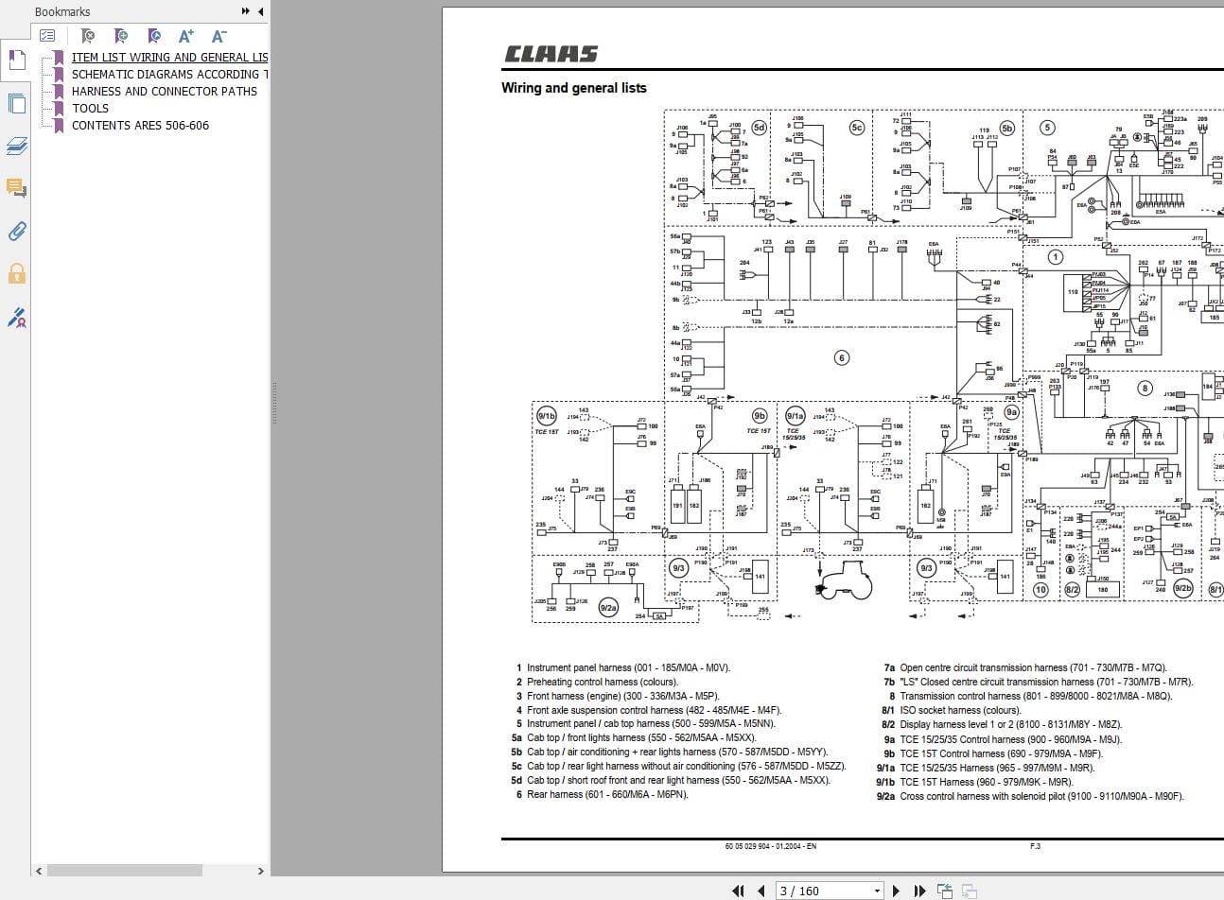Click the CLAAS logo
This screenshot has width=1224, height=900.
[x=551, y=54]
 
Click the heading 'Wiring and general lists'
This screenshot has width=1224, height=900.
[x=573, y=88]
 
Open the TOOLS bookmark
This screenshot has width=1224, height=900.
[x=90, y=108]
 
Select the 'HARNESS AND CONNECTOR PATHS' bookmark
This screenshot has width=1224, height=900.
[x=164, y=91]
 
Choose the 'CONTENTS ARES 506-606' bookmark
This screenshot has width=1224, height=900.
[x=140, y=125]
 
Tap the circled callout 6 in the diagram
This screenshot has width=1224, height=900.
[x=841, y=357]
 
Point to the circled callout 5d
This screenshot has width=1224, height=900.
[x=759, y=127]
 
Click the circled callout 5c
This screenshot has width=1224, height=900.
[x=857, y=127]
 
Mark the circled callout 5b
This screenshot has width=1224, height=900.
[x=1006, y=128]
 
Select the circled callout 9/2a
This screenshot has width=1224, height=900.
[x=608, y=608]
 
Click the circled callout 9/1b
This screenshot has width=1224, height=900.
[x=546, y=416]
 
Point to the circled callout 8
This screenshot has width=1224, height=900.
[x=1145, y=388]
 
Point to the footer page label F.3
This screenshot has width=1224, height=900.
[x=1035, y=846]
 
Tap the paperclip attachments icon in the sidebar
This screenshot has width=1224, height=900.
[x=16, y=231]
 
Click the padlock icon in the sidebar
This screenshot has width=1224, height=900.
[x=16, y=274]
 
